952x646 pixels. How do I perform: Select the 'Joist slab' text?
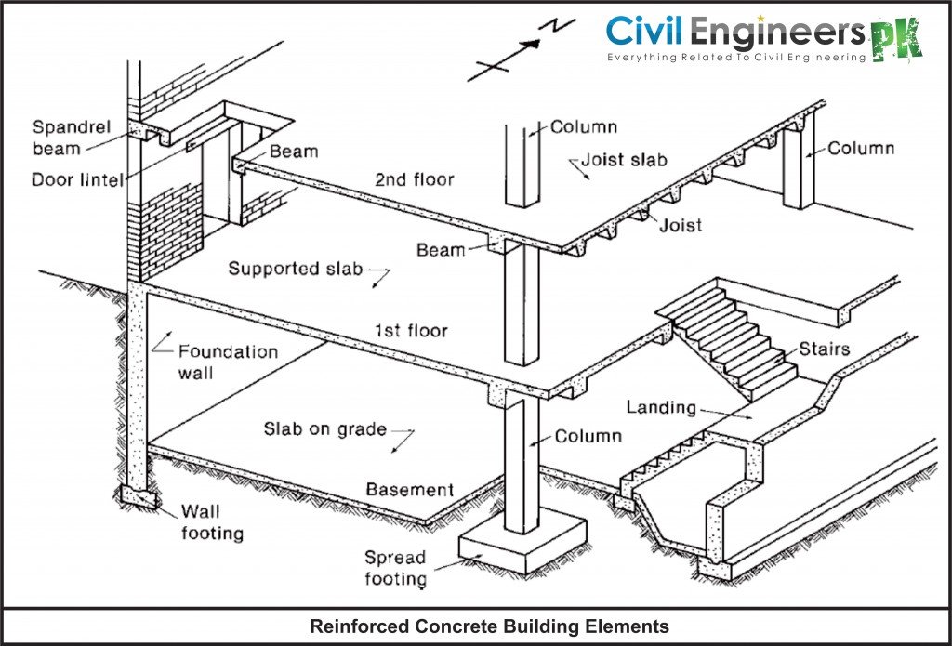(x=624, y=161)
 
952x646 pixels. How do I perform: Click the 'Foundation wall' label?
(x=228, y=363)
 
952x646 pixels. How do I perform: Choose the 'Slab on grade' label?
(x=324, y=429)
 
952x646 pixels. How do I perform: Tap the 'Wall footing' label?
(x=212, y=521)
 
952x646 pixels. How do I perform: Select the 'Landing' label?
(x=661, y=407)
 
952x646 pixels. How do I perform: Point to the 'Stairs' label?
(x=824, y=350)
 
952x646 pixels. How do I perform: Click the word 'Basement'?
(x=409, y=490)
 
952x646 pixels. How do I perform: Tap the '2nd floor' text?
(x=415, y=179)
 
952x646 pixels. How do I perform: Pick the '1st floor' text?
(x=411, y=330)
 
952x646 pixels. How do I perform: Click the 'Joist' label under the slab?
(x=681, y=225)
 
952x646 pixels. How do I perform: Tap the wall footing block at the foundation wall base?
(x=137, y=499)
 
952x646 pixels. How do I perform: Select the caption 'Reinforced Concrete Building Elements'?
(x=489, y=626)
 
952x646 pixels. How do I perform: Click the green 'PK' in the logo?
(x=896, y=39)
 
